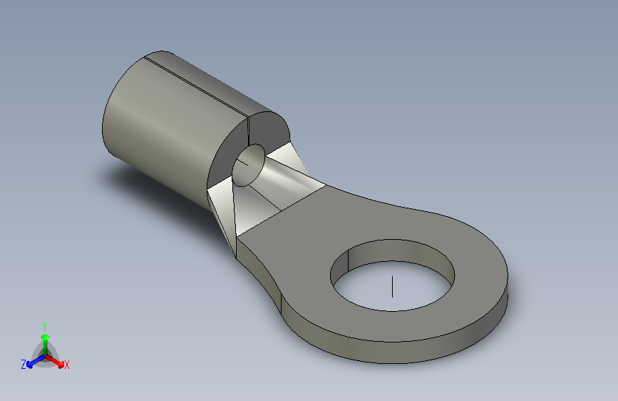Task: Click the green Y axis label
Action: (45, 326)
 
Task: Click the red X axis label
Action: (66, 365)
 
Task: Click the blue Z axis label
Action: (24, 365)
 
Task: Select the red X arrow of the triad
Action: (55, 361)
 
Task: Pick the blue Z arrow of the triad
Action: (36, 361)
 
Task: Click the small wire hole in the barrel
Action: (249, 165)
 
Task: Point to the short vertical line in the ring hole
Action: (392, 287)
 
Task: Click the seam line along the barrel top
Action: (196, 86)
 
